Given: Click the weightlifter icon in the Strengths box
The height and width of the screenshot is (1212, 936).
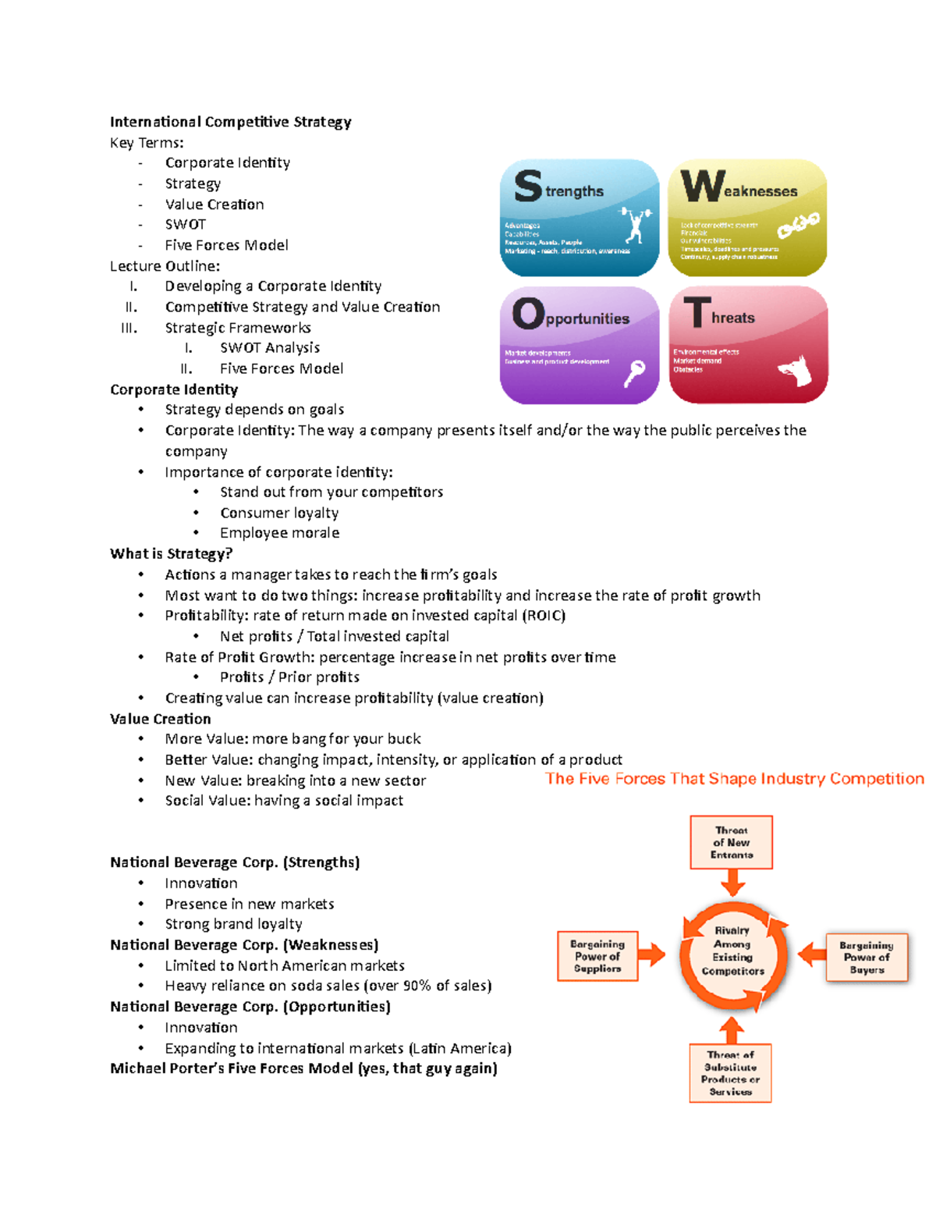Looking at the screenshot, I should (636, 224).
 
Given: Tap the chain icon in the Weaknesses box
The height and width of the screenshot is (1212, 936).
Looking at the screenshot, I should (798, 226).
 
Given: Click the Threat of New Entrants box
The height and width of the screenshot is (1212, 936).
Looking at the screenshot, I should (731, 843).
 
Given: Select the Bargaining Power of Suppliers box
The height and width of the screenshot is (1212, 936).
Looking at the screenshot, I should (597, 956).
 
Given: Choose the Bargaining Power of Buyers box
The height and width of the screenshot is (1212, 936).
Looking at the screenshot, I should (867, 957).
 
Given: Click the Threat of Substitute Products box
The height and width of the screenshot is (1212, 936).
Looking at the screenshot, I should (730, 1073).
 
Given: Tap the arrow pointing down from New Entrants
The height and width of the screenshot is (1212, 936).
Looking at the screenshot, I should (732, 883).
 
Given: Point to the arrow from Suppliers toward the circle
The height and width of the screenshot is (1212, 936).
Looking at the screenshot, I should (651, 954).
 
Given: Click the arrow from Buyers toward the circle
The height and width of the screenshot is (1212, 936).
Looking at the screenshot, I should (812, 954).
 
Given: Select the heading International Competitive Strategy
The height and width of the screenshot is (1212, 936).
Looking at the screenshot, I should (230, 122).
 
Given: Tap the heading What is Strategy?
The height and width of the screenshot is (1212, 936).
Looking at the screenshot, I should (171, 554).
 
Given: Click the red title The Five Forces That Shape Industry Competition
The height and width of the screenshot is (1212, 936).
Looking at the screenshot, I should (734, 779).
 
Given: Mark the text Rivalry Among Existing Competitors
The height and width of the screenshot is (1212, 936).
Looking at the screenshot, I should (732, 951).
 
